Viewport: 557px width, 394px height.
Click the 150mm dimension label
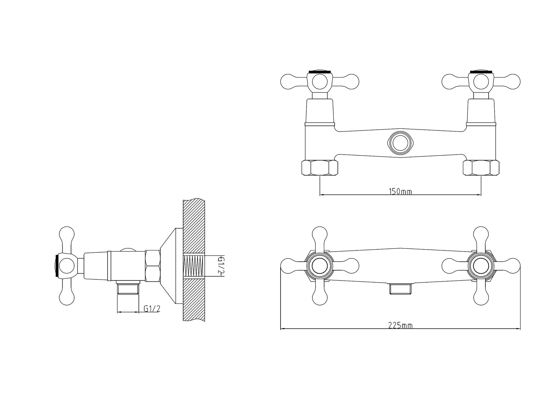pos(400,191)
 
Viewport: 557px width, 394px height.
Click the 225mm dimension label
pos(400,326)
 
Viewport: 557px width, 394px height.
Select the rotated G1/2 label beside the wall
pos(220,266)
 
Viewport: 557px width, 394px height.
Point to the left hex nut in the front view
pos(320,168)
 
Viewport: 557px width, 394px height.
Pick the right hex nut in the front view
pos(481,168)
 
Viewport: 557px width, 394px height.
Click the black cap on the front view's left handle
pos(320,72)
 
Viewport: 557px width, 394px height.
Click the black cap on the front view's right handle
pos(481,72)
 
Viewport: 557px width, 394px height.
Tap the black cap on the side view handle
pos(57,266)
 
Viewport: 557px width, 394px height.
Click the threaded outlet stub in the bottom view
pos(400,289)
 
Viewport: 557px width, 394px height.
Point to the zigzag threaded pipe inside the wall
pos(194,266)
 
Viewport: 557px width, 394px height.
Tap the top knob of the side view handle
pos(66,234)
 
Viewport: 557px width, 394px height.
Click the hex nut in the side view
pos(153,266)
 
